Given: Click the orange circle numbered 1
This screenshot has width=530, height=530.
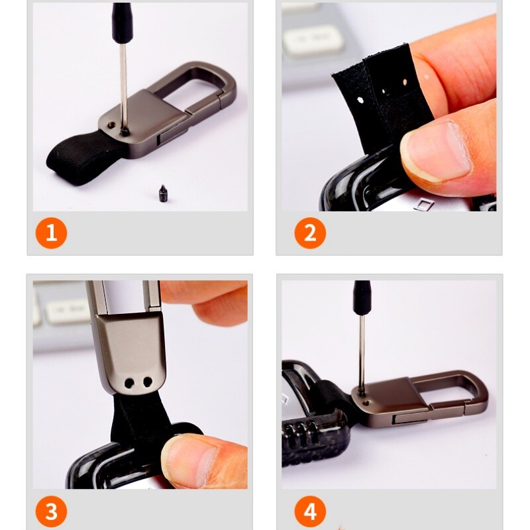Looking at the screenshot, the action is [x=52, y=233].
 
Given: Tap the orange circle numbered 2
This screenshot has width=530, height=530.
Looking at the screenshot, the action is [x=310, y=233].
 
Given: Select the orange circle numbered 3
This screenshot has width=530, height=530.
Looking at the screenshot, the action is [x=52, y=511].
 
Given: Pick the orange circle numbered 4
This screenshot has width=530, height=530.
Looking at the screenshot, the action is [x=310, y=511].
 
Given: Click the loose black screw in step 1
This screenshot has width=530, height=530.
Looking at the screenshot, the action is [x=163, y=193].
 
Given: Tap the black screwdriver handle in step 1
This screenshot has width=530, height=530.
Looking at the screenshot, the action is [x=122, y=23].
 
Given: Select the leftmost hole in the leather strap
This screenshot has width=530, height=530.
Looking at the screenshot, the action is [x=360, y=101].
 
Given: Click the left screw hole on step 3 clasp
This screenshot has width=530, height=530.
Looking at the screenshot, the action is [x=129, y=383].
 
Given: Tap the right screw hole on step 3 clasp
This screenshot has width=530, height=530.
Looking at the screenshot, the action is [x=148, y=382].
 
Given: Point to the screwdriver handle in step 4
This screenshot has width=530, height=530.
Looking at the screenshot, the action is [x=362, y=297].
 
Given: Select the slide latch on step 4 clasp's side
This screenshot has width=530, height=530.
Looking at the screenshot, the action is [x=411, y=419].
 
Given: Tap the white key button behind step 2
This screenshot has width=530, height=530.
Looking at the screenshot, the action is [x=313, y=40].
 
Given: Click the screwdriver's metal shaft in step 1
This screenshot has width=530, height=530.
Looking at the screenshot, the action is [x=124, y=87].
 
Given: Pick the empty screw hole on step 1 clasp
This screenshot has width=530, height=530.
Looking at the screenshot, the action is [x=111, y=125].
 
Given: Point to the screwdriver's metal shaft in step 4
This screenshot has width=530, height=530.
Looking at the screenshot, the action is [x=362, y=354].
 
